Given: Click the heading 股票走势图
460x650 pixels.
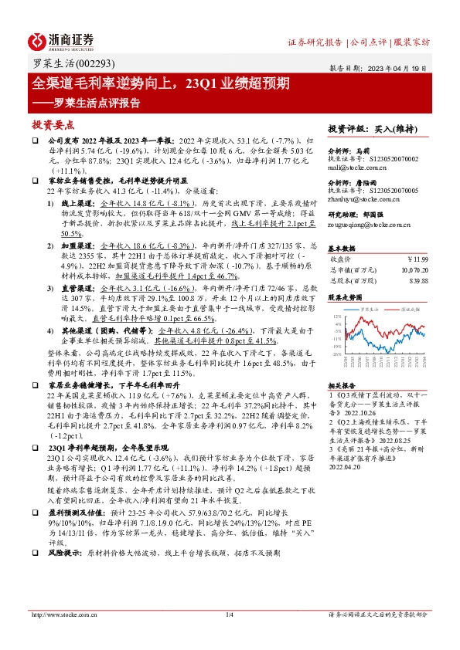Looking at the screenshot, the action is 344,296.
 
